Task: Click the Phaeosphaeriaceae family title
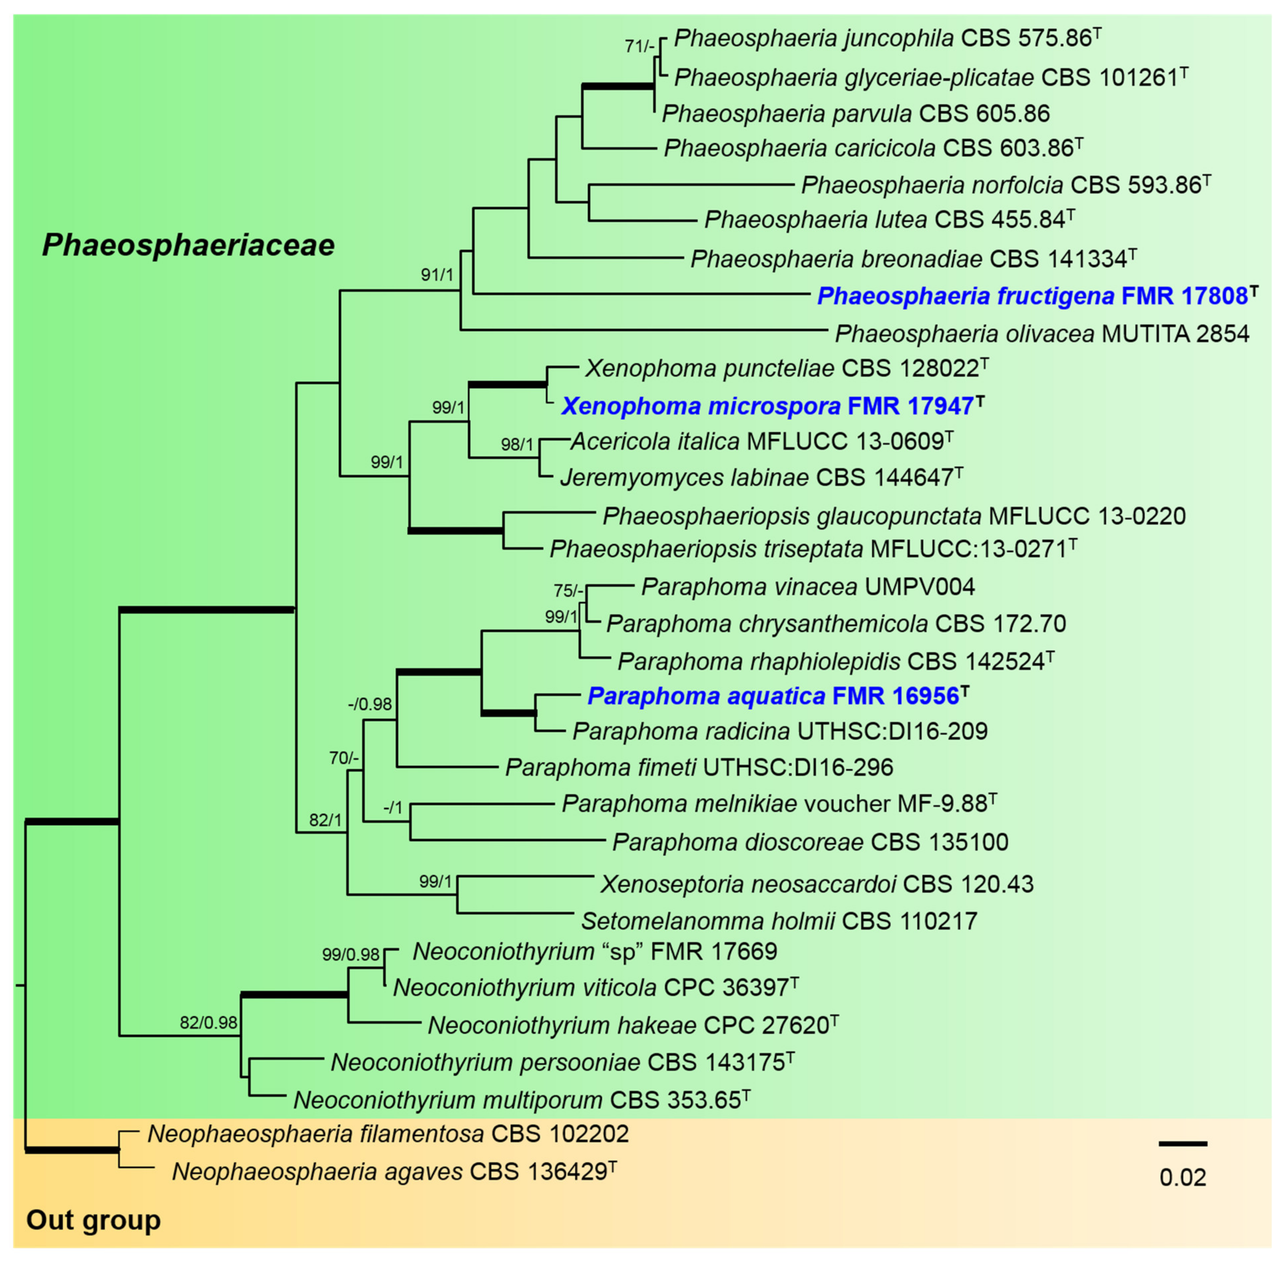click(x=188, y=245)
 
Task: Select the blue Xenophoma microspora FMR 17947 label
click(x=772, y=406)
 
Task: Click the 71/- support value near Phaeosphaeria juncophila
click(x=639, y=46)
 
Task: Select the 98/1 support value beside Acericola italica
click(x=517, y=444)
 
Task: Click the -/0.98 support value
click(x=370, y=704)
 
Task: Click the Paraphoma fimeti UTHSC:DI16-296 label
click(x=699, y=768)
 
